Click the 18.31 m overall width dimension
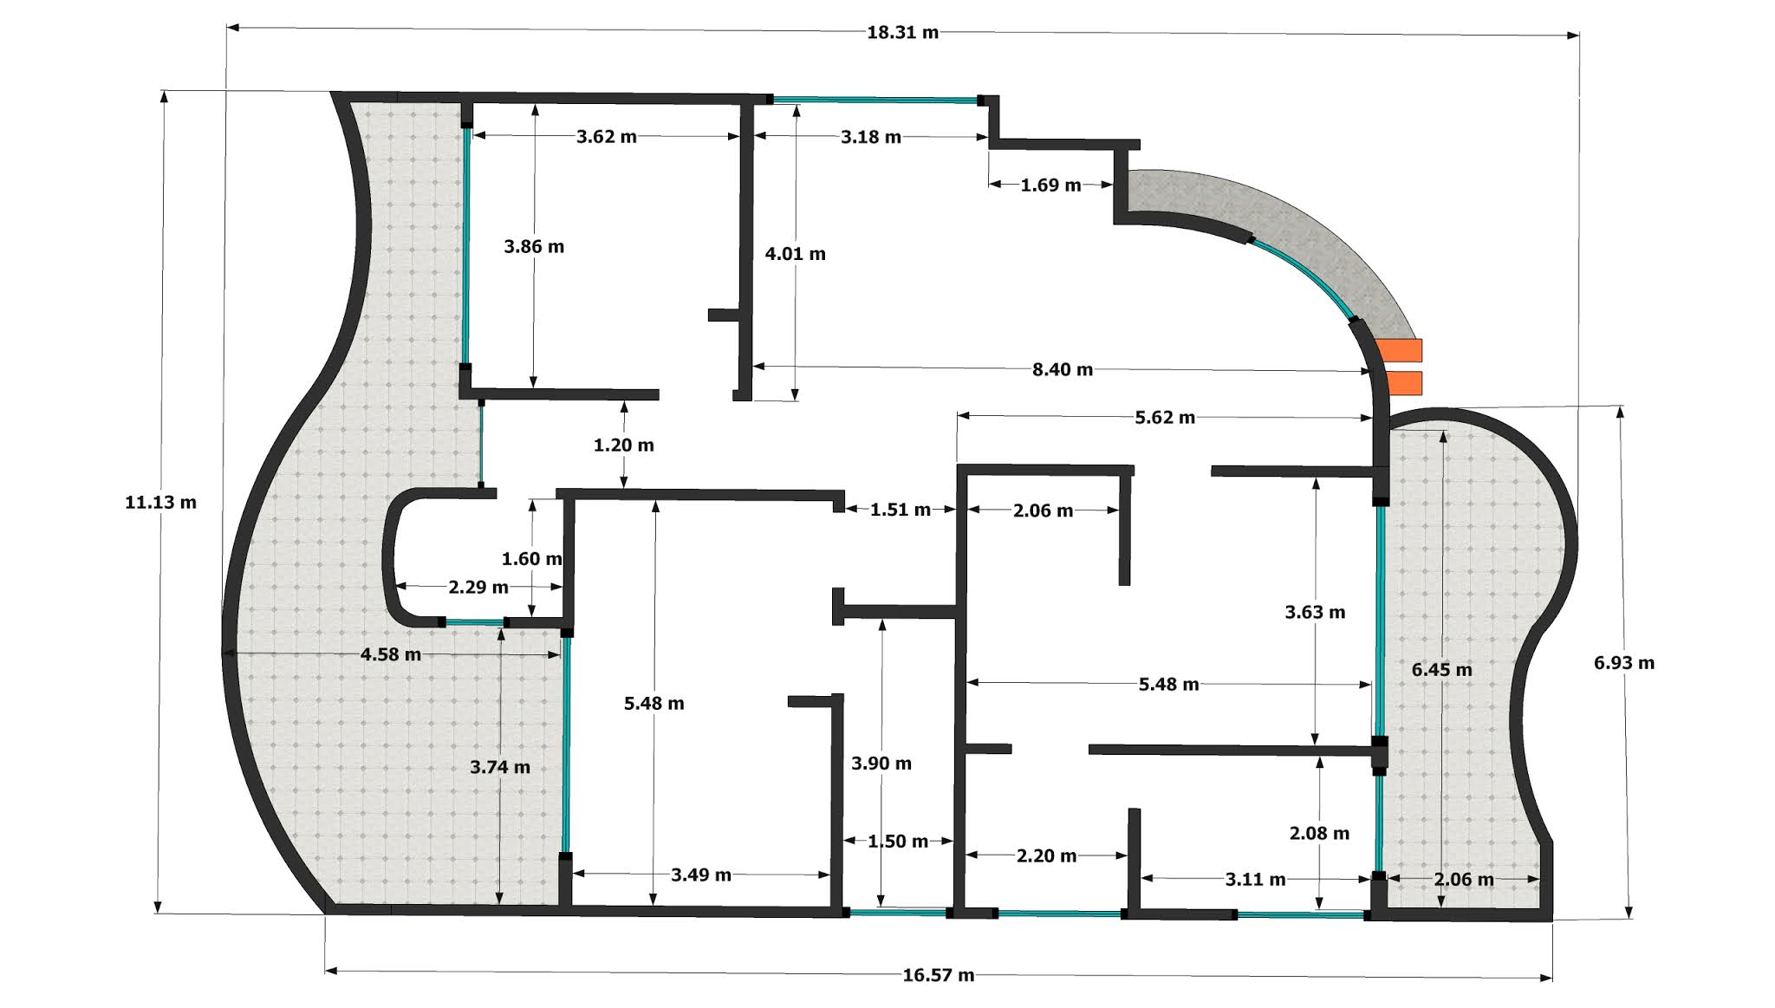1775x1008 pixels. tap(902, 33)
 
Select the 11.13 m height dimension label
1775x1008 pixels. tap(160, 502)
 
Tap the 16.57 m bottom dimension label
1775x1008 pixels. tap(939, 975)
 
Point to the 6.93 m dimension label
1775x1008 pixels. tap(1623, 663)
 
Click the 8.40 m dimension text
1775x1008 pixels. tap(1063, 369)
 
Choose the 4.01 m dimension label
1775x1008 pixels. tap(795, 254)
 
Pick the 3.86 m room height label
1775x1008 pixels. tap(534, 246)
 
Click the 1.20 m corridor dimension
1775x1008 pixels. tap(623, 445)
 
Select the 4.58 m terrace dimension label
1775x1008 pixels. tap(391, 654)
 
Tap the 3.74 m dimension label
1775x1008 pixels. tap(500, 767)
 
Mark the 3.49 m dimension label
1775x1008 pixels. tap(701, 875)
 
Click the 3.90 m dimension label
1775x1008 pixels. tap(881, 764)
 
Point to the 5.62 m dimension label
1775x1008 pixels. tap(1165, 418)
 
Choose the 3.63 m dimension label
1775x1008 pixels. tap(1315, 613)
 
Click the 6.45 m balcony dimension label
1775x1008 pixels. tap(1441, 669)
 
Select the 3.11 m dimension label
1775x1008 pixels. tap(1255, 880)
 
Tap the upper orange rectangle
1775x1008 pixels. tap(1401, 349)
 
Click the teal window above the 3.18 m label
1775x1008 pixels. tap(875, 101)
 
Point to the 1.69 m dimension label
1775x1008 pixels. tap(1050, 185)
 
